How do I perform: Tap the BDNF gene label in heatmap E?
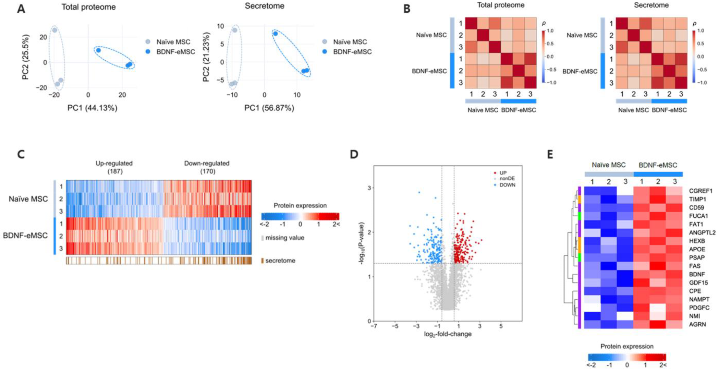click(697, 274)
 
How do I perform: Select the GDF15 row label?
click(698, 283)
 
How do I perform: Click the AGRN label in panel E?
click(697, 324)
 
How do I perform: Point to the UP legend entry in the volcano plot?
click(503, 173)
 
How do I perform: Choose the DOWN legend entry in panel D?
click(507, 185)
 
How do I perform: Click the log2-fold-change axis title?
click(448, 334)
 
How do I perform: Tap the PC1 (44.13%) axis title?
click(92, 108)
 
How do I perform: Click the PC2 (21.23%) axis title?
click(206, 57)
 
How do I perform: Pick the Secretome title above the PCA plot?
click(264, 6)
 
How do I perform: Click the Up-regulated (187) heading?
click(114, 167)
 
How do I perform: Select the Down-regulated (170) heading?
click(207, 167)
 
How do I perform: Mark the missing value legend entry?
click(284, 238)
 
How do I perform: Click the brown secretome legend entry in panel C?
click(280, 261)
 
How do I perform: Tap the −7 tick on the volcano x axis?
click(374, 326)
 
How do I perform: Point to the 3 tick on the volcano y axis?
click(369, 188)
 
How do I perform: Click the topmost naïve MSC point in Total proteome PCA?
click(54, 30)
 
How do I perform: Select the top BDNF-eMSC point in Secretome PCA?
click(275, 34)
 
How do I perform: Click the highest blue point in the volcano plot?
click(419, 192)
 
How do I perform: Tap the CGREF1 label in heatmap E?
click(701, 191)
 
